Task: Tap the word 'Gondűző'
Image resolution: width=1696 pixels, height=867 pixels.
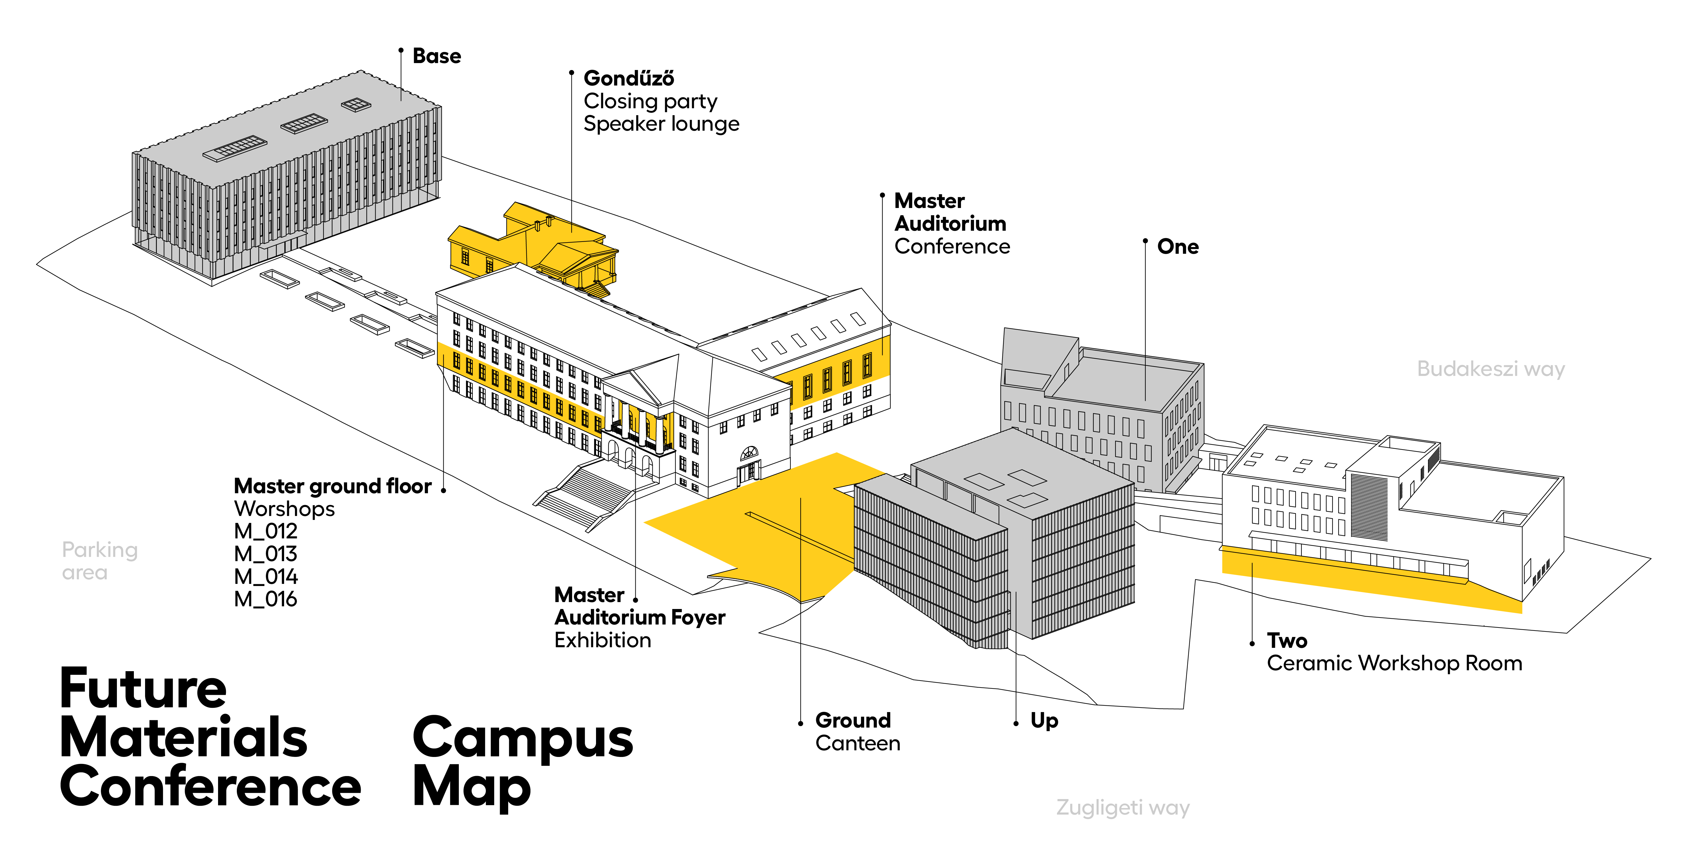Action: point(629,79)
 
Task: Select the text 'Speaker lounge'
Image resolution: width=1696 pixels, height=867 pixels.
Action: point(661,124)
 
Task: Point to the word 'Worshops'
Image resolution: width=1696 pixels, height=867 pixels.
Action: point(284,509)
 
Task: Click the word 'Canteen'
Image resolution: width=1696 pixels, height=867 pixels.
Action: point(857,743)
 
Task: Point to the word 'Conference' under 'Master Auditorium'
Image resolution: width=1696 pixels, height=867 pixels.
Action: point(952,246)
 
